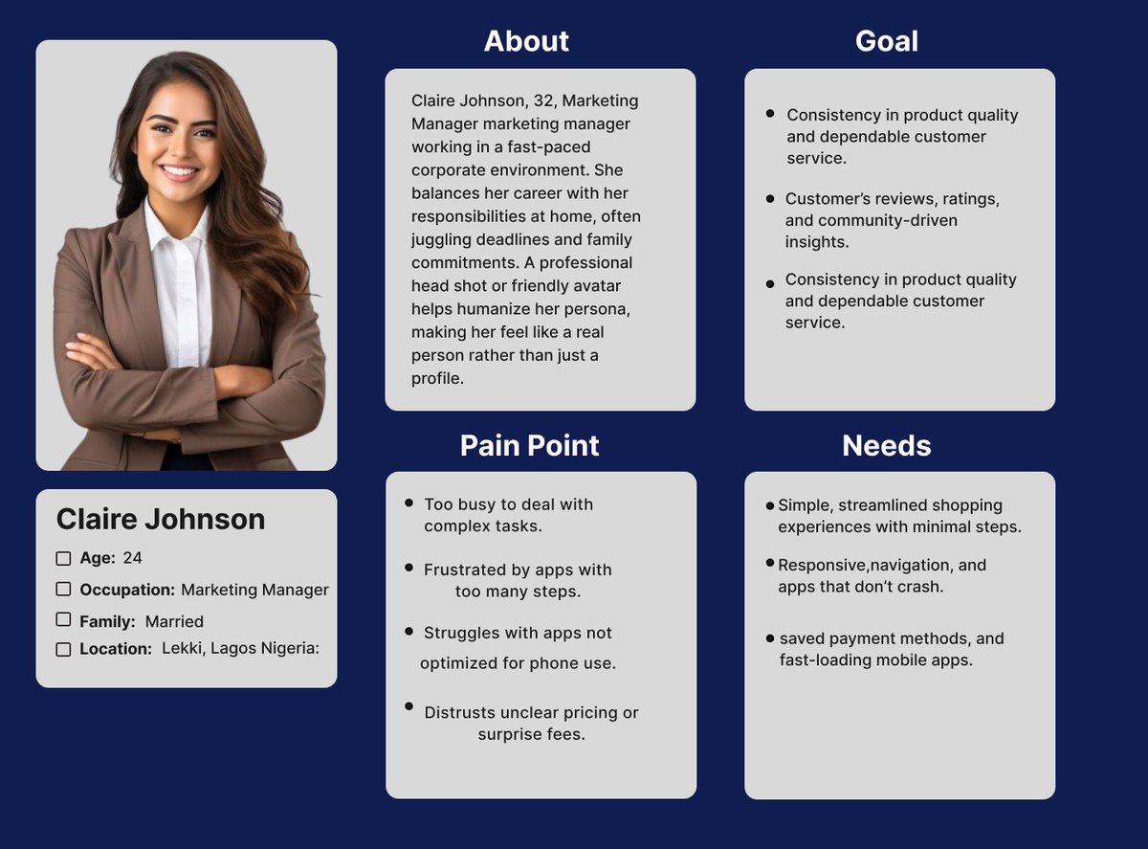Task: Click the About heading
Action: point(526,41)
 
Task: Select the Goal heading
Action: point(886,41)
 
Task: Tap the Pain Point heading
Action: point(529,446)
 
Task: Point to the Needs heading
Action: point(886,446)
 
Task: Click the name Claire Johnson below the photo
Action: point(161,519)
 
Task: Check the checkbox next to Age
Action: point(63,558)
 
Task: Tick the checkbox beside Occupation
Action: point(63,590)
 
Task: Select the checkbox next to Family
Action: point(63,620)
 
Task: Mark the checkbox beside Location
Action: point(63,649)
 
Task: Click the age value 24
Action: point(133,558)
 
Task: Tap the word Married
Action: point(174,621)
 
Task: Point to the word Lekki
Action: point(182,649)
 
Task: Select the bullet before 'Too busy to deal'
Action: point(409,503)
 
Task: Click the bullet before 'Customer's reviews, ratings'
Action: point(770,198)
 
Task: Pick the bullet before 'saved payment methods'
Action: point(770,637)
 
